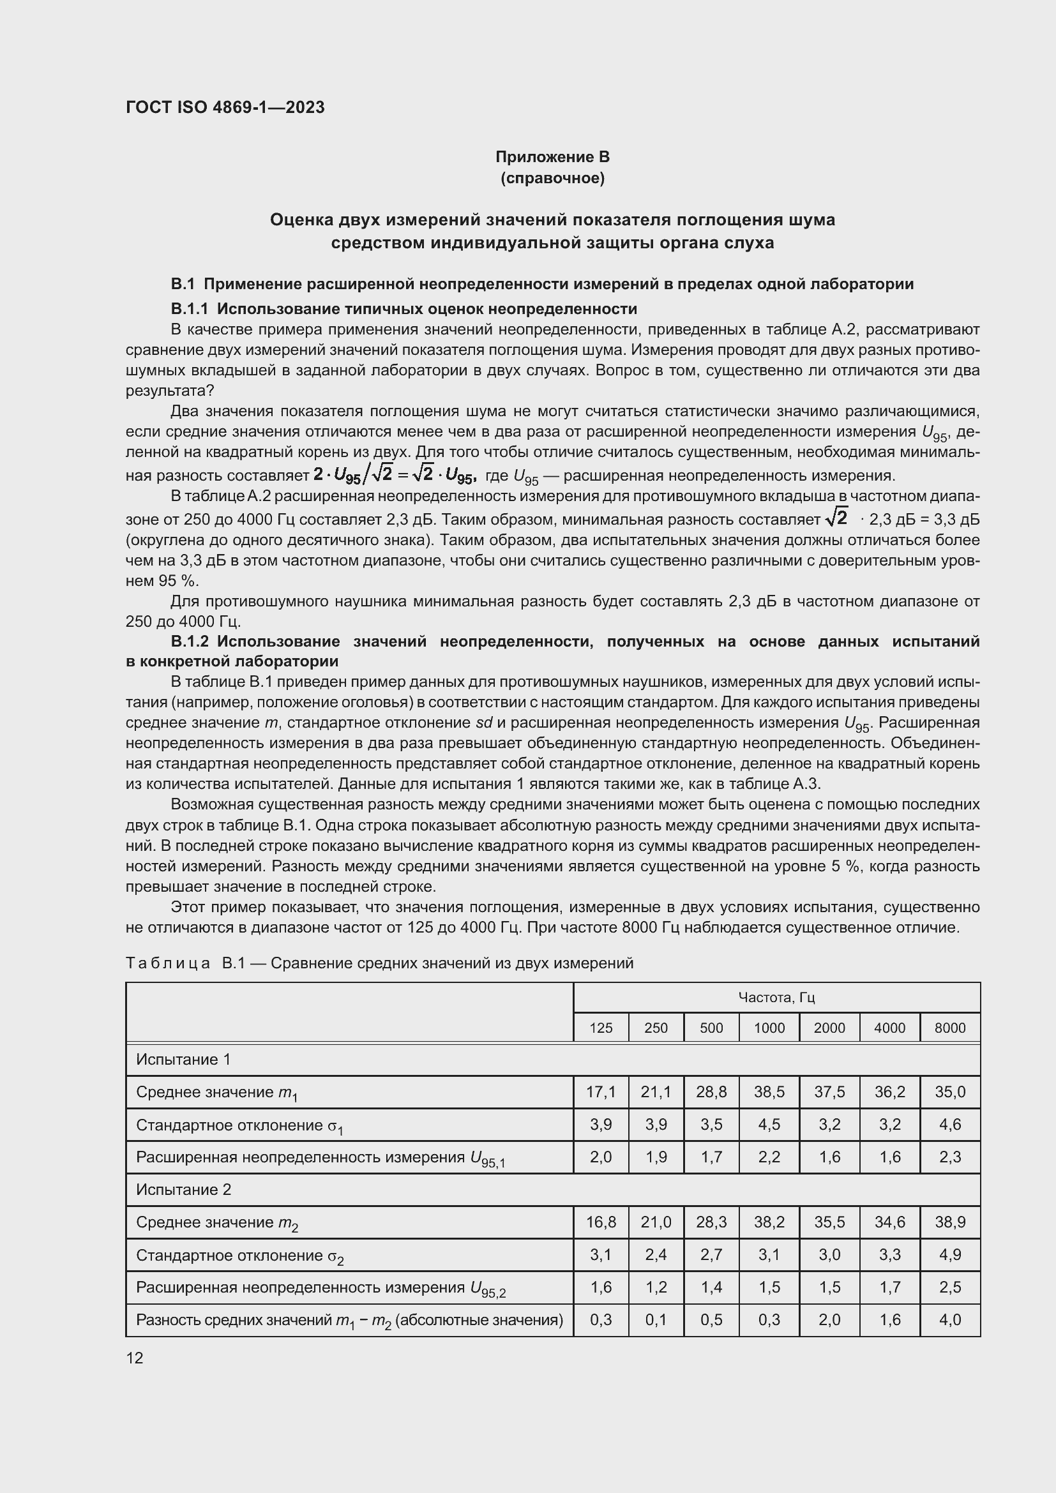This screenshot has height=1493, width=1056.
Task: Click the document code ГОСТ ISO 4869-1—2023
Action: click(225, 107)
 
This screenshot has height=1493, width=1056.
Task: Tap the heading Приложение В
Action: click(552, 157)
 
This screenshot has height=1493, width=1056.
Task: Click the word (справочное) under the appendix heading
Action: click(552, 178)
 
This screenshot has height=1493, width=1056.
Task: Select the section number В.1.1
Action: click(189, 308)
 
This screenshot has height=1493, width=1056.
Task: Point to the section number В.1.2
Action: click(189, 641)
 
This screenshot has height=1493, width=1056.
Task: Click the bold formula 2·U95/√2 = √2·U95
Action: click(395, 476)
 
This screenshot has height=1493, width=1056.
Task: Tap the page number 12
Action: click(135, 1358)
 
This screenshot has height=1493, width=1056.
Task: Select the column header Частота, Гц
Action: click(776, 998)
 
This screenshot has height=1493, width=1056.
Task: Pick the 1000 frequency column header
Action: click(769, 1028)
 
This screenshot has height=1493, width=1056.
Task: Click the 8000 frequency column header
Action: click(950, 1028)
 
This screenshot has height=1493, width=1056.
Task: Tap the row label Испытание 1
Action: click(183, 1060)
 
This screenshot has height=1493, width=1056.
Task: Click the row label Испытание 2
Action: click(183, 1189)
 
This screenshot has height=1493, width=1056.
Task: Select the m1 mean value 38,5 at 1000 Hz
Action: click(769, 1092)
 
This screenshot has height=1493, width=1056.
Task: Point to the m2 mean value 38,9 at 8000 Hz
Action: click(950, 1222)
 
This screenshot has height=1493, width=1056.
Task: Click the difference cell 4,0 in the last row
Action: click(950, 1319)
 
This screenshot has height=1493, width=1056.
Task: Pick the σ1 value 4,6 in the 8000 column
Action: click(950, 1124)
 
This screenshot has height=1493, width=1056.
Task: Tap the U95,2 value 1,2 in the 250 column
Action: click(656, 1287)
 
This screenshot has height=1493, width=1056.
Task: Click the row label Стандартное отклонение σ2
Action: click(239, 1256)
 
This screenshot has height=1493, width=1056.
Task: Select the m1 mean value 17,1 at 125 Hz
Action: click(601, 1092)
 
